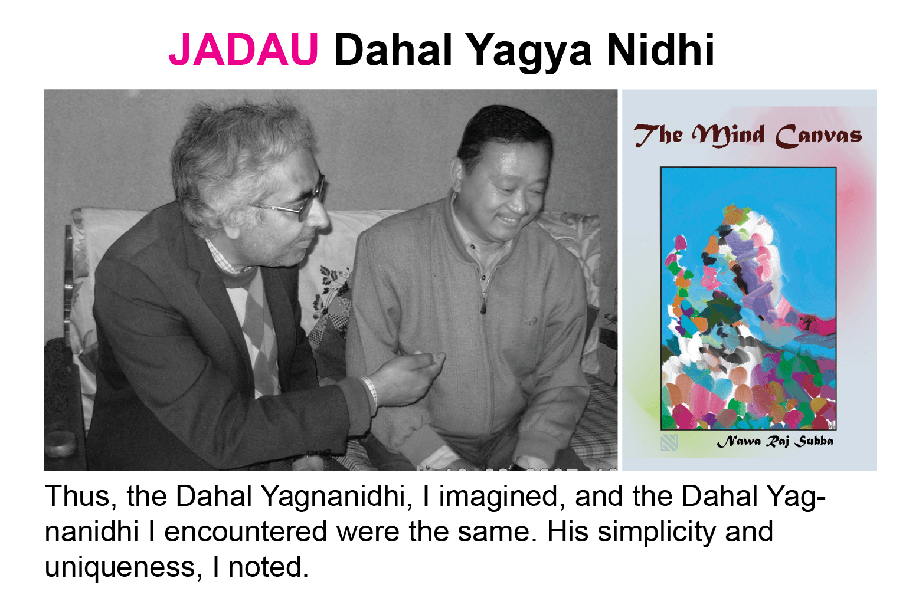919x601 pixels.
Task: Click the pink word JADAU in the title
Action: (x=244, y=50)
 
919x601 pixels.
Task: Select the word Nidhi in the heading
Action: (x=660, y=50)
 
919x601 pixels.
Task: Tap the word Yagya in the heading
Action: (x=529, y=53)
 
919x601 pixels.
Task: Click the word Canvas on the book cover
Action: (x=818, y=136)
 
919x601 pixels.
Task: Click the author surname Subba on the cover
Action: (x=814, y=442)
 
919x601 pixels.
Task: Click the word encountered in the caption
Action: (x=246, y=532)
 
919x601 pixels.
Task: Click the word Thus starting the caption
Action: (x=77, y=497)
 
